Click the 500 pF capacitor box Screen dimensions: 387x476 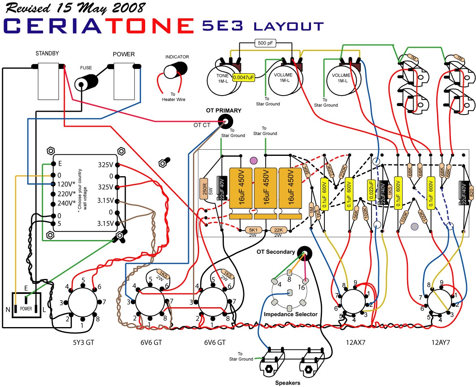[266, 43]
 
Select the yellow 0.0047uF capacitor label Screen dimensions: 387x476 [244, 77]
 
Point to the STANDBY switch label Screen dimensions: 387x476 [47, 53]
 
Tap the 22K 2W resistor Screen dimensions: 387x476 [278, 230]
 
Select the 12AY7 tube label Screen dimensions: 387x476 [441, 342]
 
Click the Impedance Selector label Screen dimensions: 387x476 [290, 314]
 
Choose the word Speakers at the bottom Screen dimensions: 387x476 [287, 383]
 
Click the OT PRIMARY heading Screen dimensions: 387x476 [223, 111]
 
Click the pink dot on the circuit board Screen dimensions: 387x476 [254, 161]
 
